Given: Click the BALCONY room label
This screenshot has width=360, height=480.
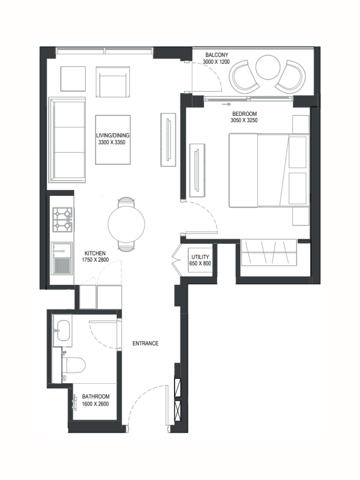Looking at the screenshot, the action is [x=217, y=55].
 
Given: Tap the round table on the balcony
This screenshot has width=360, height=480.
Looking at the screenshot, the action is [x=268, y=67].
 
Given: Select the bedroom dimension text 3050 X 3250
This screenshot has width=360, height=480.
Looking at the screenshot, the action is [x=244, y=120].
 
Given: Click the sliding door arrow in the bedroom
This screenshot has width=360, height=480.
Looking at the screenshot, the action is [x=226, y=104].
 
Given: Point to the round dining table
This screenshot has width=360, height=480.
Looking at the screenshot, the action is [x=126, y=224].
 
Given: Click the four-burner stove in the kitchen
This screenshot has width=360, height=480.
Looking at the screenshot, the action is [x=62, y=220].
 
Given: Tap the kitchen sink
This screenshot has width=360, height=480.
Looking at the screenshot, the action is [x=62, y=258].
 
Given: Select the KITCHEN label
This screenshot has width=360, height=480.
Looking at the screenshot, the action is [x=95, y=253].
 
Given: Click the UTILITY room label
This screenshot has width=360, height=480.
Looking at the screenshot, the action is [x=200, y=257].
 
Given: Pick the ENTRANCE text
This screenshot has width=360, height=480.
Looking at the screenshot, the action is [x=145, y=343].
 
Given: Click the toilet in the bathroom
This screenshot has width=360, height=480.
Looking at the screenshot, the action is [x=74, y=365].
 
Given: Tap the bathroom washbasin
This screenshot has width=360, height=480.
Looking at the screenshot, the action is [x=63, y=331].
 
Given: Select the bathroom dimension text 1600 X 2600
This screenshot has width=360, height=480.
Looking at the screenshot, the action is [x=95, y=404].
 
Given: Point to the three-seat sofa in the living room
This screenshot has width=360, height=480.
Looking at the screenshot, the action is [x=67, y=140].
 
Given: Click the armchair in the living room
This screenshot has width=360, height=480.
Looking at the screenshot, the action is [x=112, y=82].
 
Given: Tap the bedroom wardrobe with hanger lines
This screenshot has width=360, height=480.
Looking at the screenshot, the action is [x=269, y=252].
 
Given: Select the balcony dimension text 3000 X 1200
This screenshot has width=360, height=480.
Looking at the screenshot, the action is [x=216, y=62].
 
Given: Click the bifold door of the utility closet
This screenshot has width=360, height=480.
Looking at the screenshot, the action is [x=176, y=260].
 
